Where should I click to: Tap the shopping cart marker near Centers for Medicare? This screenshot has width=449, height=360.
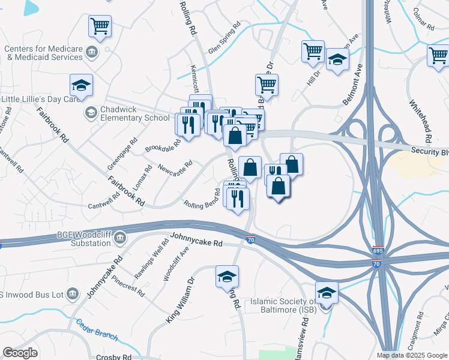coord(100,26)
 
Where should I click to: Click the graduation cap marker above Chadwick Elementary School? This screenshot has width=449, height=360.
coord(81,86)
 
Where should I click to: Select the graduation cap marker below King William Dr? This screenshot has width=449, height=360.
coord(227,276)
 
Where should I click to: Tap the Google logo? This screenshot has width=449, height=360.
coord(20,353)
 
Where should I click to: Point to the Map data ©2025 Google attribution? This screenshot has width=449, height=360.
coord(411,355)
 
